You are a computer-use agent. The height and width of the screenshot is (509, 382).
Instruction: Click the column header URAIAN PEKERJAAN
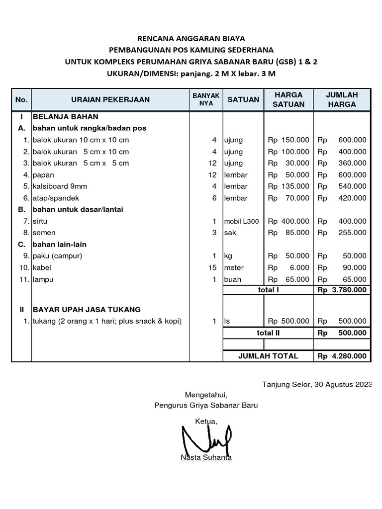click(110, 99)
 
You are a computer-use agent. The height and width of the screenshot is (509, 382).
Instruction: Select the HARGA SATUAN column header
click(288, 99)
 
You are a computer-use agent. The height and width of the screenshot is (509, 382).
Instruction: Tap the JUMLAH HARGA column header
click(341, 99)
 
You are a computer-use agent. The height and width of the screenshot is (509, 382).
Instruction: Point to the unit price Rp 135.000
click(288, 186)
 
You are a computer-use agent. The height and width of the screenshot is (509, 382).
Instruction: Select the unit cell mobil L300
click(241, 221)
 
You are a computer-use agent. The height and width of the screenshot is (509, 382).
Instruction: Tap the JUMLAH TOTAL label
click(268, 356)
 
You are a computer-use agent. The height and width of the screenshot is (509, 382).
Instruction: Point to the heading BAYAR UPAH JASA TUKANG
click(87, 309)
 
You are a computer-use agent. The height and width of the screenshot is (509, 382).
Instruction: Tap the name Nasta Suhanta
click(206, 458)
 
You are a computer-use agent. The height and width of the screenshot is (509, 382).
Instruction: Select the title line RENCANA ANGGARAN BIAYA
click(191, 38)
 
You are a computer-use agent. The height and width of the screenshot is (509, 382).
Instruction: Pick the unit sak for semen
click(230, 233)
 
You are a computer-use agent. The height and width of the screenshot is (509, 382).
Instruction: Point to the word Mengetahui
click(206, 395)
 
